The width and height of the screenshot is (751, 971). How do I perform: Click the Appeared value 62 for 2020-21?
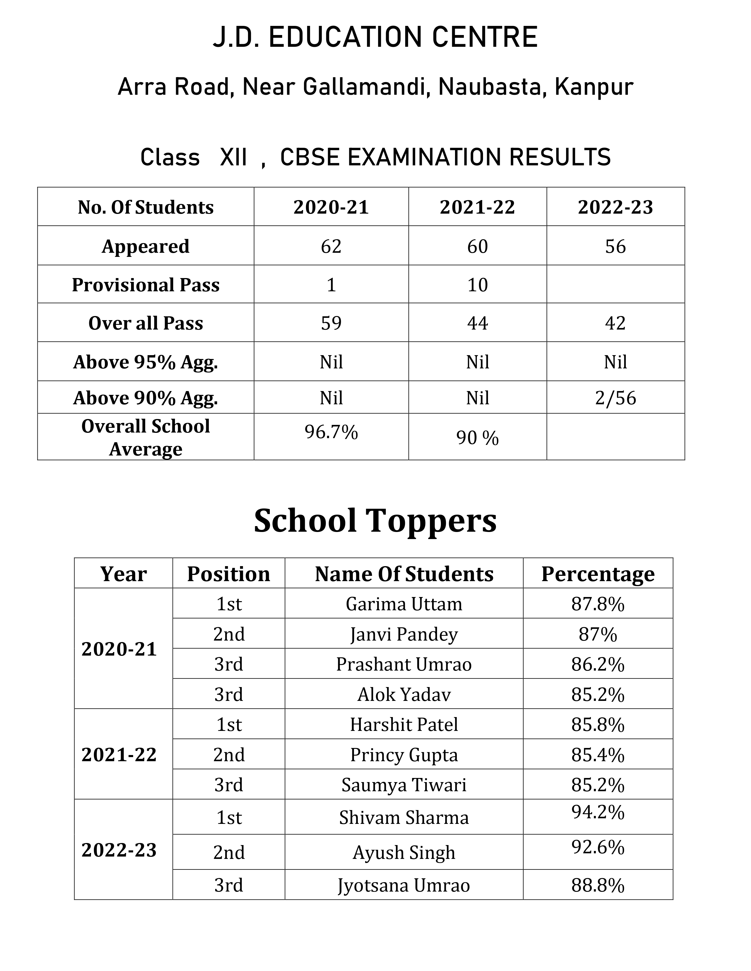[x=331, y=246]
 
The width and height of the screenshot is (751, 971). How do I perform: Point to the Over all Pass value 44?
[x=477, y=323]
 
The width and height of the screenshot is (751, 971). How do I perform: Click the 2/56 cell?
[x=615, y=398]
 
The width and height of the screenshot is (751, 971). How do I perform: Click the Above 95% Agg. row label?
[x=145, y=362]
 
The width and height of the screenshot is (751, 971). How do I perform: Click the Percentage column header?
[x=598, y=574]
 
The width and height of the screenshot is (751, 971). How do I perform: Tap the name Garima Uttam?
[x=403, y=604]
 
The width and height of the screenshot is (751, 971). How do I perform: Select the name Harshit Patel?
[x=403, y=725]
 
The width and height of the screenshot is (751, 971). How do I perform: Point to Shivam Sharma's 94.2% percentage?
[x=598, y=812]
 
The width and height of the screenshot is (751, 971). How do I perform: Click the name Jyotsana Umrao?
[x=403, y=885]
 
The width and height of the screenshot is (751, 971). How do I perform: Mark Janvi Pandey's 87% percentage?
[x=598, y=634]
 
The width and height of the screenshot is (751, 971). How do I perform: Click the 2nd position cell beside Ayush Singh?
[x=229, y=853]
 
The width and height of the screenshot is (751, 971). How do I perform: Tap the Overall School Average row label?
[x=145, y=438]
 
